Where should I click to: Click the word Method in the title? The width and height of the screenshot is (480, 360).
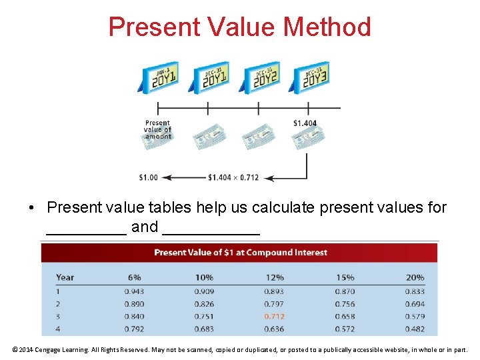327,27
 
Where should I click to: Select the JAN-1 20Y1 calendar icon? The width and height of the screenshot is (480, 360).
160,77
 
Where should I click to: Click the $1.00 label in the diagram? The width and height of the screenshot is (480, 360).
148,177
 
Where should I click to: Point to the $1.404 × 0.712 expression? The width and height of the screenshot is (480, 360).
233,177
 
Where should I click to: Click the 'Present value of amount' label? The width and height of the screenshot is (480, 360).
158,129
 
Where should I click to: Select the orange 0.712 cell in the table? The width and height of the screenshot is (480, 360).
274,316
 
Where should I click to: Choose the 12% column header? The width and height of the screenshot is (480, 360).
274,277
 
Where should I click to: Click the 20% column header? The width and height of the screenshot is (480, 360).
414,277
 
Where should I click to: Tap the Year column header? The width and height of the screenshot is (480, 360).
65,277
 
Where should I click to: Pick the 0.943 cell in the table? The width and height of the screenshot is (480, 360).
134,291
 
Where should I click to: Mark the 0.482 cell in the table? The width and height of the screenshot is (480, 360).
414,329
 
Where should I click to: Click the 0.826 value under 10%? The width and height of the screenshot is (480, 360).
204,304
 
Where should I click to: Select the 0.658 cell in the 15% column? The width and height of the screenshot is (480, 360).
345,316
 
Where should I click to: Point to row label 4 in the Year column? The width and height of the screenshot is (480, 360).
59,329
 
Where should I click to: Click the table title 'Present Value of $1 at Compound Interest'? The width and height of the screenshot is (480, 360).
241,253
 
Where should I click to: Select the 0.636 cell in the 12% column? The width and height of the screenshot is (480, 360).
274,329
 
